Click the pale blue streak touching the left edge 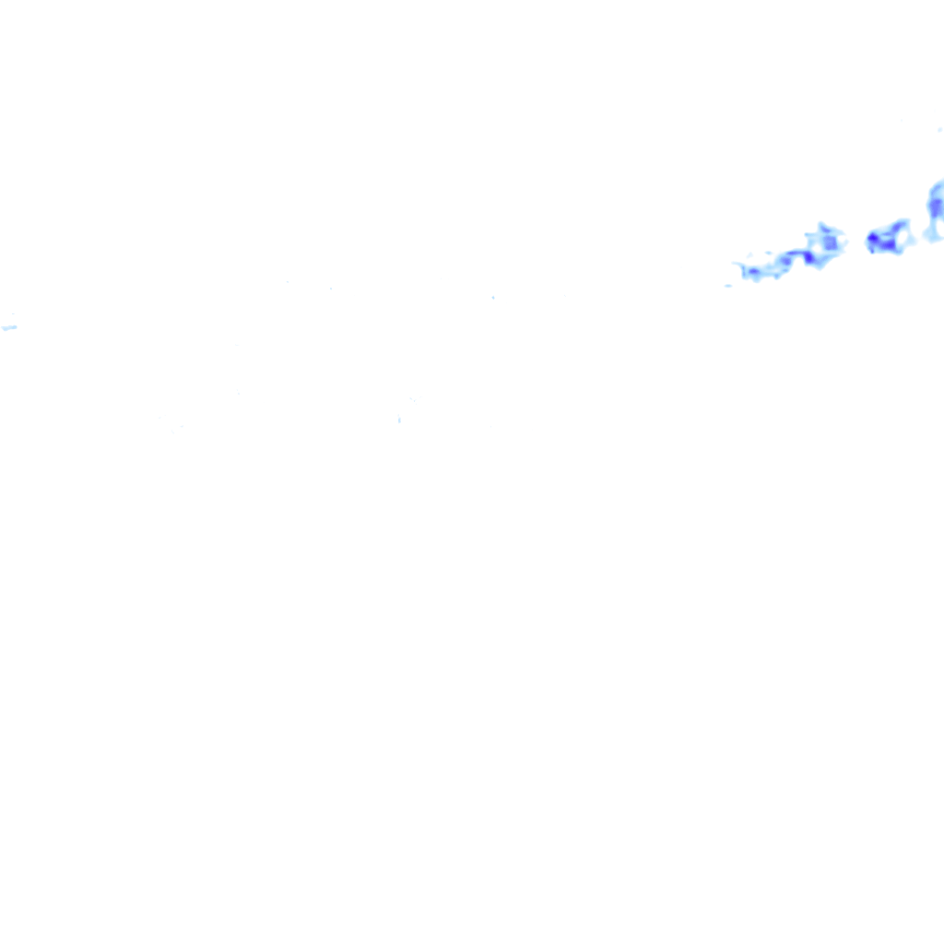click(9, 327)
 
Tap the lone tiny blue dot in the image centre click(493, 297)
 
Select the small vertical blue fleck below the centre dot click(399, 420)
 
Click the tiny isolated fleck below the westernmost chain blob click(728, 286)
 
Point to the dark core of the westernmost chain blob click(753, 272)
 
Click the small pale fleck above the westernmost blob click(767, 254)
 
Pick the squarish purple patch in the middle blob click(830, 242)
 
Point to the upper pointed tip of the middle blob click(821, 225)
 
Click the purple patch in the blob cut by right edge click(937, 208)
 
